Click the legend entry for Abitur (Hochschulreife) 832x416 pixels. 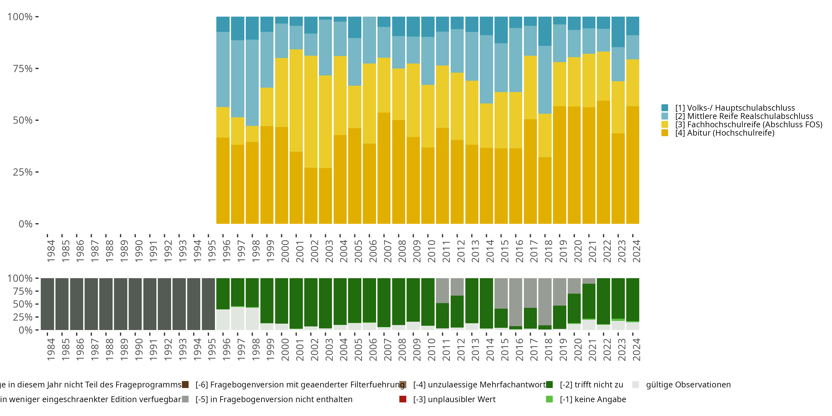click(x=724, y=133)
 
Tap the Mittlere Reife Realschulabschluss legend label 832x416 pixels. click(x=744, y=116)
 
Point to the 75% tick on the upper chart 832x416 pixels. click(x=23, y=69)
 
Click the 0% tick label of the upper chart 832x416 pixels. click(x=25, y=224)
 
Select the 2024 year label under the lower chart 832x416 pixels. click(x=636, y=349)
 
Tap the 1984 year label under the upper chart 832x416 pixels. click(x=51, y=251)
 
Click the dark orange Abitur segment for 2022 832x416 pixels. click(x=603, y=161)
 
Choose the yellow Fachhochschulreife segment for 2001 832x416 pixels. click(x=296, y=100)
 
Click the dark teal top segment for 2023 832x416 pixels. click(x=618, y=32)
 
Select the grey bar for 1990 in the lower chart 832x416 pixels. click(x=135, y=304)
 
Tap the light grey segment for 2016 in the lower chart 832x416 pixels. click(x=516, y=302)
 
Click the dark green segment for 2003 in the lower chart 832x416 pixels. click(x=325, y=303)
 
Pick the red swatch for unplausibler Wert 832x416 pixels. click(x=403, y=399)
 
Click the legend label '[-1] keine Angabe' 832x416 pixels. click(x=593, y=399)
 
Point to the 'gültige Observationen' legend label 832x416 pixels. click(x=688, y=385)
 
